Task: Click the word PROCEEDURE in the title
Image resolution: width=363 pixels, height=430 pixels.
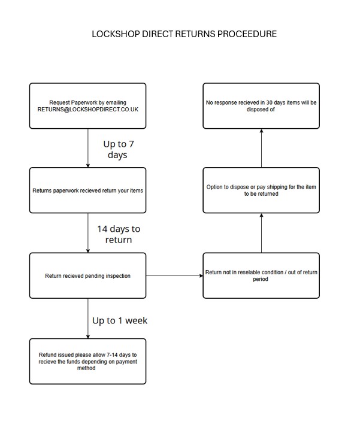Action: click(x=247, y=34)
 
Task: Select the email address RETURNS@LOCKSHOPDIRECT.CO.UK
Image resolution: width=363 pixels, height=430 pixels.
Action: click(x=88, y=110)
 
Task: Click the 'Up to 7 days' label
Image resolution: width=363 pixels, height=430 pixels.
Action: click(x=118, y=150)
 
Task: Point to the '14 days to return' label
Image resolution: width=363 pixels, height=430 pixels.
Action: click(x=119, y=234)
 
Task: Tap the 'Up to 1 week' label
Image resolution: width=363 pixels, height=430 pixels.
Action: click(x=120, y=320)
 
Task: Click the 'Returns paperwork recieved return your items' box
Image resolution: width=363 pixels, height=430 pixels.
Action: click(x=88, y=190)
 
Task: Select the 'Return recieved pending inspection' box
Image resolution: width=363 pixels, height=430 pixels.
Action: click(x=88, y=275)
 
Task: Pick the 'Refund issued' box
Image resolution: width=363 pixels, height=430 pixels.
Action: click(x=88, y=361)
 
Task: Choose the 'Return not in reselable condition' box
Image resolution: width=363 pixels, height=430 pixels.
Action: click(x=261, y=275)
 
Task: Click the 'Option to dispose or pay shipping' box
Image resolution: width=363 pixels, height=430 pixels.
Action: click(x=261, y=190)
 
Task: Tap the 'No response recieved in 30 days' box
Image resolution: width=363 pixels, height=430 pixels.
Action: click(x=261, y=106)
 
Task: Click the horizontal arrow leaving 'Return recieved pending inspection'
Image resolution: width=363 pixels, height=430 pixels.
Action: click(x=174, y=275)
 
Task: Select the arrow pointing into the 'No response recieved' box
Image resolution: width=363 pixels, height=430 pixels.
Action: click(x=262, y=148)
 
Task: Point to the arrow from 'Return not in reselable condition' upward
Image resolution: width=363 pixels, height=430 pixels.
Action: click(x=262, y=233)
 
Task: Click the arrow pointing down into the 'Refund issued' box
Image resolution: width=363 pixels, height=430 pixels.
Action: click(x=88, y=319)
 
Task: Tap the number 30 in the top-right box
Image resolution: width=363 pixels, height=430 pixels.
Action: click(x=269, y=102)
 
